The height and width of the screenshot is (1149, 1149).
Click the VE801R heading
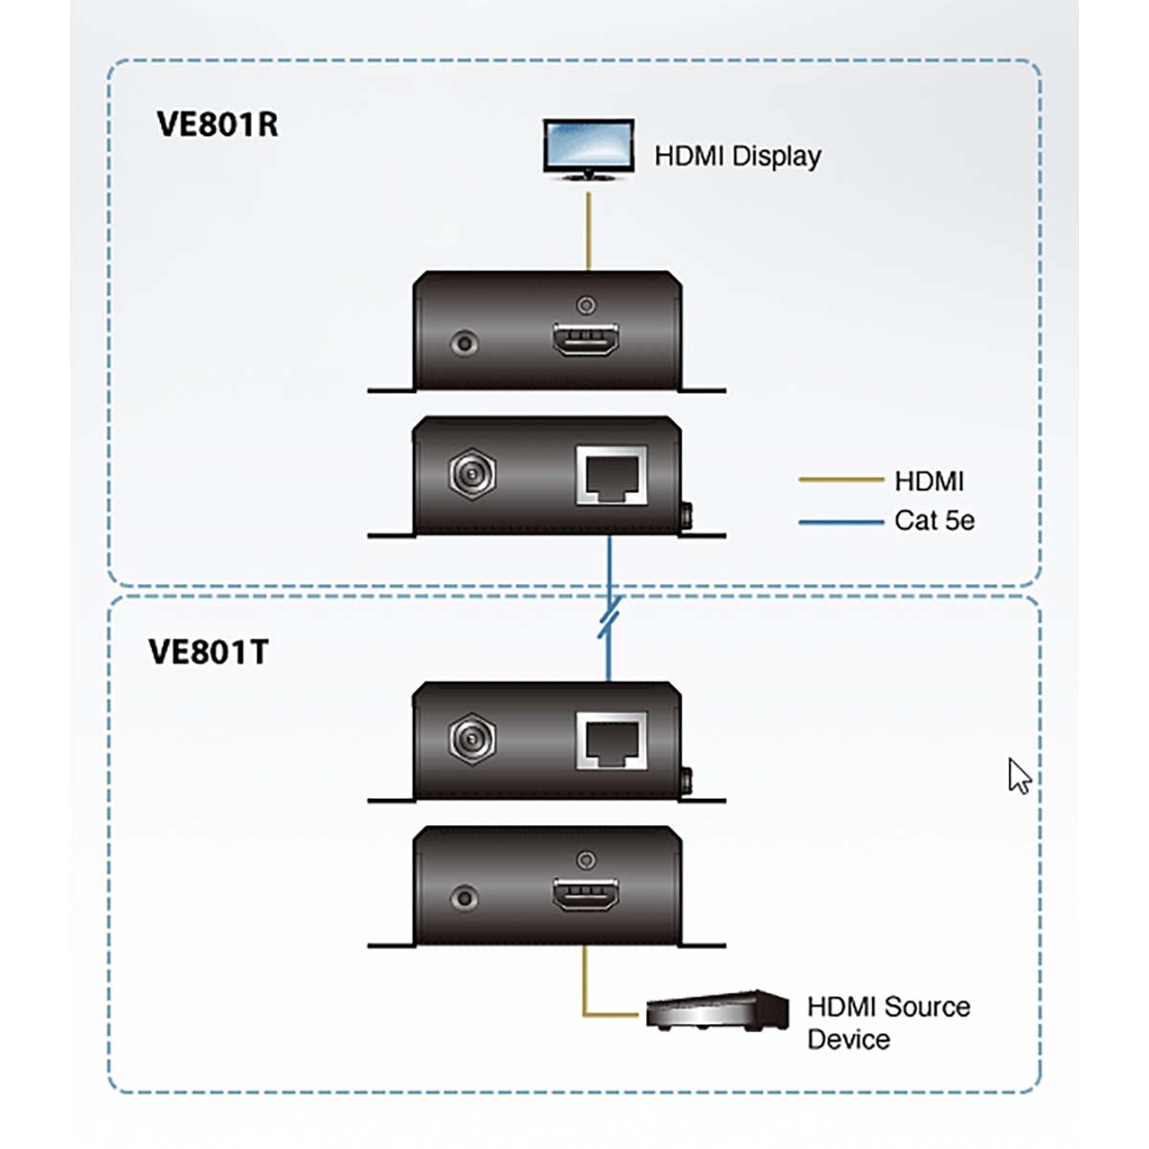[217, 124]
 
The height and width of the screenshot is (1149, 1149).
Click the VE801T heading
[209, 652]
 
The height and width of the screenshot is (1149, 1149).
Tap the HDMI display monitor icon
[588, 148]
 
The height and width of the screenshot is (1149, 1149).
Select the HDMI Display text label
[737, 156]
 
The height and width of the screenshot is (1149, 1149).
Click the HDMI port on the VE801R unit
[586, 342]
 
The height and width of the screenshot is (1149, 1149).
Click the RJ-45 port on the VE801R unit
[611, 474]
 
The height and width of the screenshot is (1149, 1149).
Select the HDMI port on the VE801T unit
[586, 896]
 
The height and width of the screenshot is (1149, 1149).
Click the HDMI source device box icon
[716, 1011]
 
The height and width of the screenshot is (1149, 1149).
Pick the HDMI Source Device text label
[888, 1023]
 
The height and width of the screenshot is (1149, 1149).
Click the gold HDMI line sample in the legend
[840, 480]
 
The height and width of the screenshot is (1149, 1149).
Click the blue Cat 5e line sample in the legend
[840, 522]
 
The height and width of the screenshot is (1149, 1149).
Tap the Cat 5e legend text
[934, 521]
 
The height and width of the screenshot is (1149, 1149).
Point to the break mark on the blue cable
[609, 617]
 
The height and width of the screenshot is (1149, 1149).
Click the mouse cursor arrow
[1019, 776]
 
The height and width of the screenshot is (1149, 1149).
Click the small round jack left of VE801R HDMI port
[465, 342]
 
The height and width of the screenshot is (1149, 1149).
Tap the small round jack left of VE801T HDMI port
[465, 897]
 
